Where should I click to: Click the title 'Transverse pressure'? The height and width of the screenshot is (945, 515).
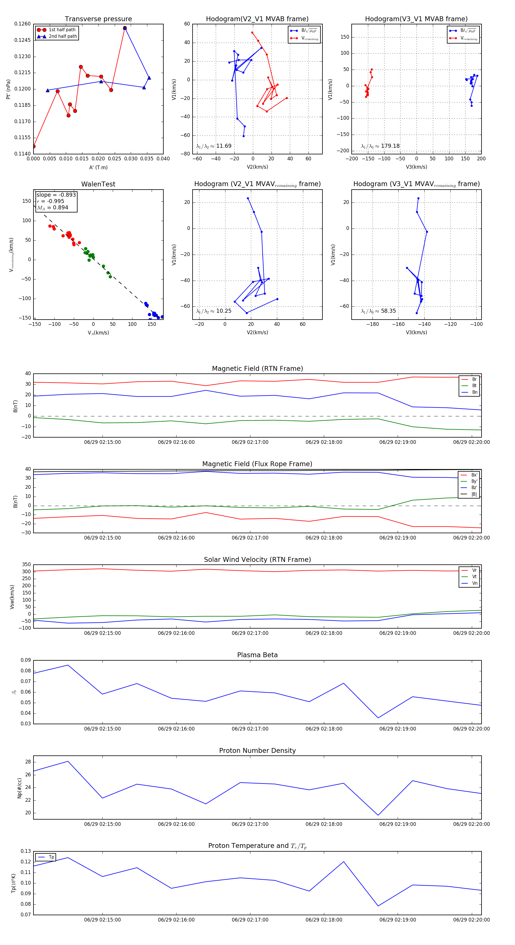98,19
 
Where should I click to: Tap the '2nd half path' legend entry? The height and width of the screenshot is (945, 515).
63,36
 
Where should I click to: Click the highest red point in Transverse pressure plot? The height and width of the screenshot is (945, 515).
125,28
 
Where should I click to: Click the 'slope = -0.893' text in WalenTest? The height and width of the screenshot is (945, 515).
56,195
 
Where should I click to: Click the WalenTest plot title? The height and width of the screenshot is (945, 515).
98,184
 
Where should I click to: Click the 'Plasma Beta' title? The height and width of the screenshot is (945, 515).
257,655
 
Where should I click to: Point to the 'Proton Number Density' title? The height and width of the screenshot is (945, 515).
257,750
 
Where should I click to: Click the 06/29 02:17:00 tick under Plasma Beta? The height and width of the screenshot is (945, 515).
250,729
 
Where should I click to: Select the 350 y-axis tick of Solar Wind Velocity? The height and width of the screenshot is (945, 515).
26,565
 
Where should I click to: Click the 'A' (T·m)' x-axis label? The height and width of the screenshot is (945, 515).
98,167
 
